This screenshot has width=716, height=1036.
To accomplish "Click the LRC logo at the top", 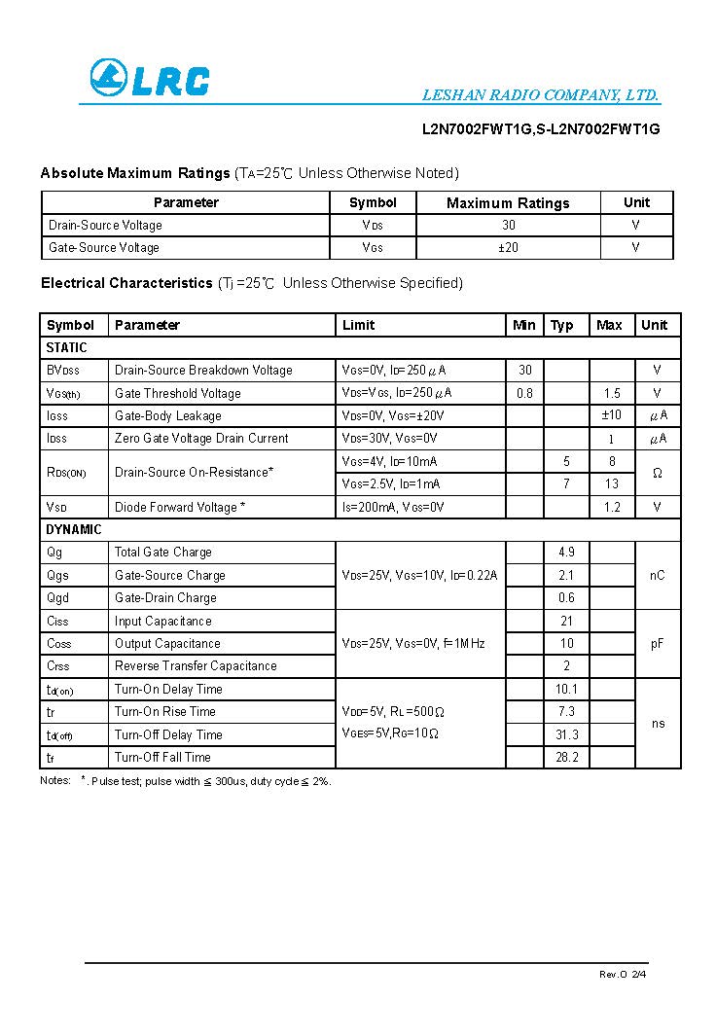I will (149, 79).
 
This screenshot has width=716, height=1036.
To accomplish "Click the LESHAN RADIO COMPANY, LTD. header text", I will (541, 95).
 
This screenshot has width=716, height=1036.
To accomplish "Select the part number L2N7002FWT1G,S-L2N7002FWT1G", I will (541, 128).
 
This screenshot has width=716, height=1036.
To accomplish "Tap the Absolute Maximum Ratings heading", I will (134, 173).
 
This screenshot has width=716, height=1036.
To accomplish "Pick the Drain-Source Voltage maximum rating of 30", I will (509, 225).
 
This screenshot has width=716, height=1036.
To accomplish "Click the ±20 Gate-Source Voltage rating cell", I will (508, 247).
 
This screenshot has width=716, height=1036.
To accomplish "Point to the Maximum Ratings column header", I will (508, 202).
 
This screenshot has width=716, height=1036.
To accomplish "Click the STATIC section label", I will (66, 347).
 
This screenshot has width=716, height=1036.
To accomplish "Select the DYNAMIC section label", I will (74, 529).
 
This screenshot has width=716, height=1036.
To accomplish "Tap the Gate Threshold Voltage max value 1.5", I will (611, 393).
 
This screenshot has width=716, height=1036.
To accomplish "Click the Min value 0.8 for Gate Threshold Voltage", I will (524, 393).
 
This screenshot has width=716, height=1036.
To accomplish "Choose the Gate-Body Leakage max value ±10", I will (611, 415).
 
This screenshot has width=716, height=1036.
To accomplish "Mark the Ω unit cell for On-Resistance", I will (658, 473).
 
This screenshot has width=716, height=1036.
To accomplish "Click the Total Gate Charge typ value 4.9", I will (566, 552).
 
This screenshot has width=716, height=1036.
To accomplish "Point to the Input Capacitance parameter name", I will (162, 621).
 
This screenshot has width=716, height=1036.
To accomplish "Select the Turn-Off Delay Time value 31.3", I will (566, 734).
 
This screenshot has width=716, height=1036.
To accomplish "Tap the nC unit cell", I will (658, 575).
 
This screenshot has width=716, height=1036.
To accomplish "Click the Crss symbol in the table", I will (58, 665).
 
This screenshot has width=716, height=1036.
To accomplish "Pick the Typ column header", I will (562, 325).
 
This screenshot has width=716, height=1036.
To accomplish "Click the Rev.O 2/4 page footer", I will (622, 974).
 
